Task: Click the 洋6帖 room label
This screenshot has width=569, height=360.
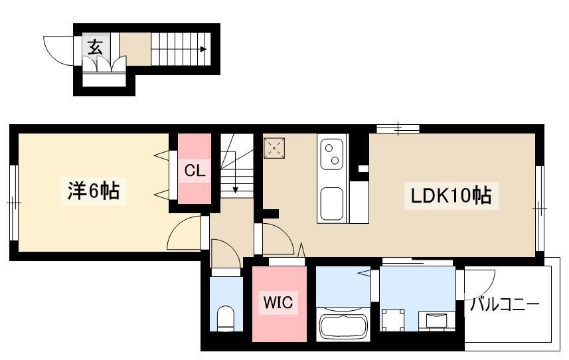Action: coord(93,191)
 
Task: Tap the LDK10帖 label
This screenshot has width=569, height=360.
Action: coord(451,195)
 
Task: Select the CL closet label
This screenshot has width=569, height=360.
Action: coord(195,170)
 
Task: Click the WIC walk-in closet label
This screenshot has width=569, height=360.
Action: coord(278,302)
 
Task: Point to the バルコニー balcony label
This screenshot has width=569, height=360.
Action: coord(505,304)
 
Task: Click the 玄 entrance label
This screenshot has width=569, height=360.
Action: coord(96,47)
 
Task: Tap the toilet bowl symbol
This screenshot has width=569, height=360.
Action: coord(226,318)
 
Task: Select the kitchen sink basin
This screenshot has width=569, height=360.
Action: coord(332,204)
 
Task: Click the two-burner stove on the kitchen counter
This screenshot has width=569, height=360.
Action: coord(332,154)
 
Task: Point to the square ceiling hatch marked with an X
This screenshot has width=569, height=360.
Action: coord(274,148)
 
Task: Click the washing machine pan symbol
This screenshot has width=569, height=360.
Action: coord(393,319)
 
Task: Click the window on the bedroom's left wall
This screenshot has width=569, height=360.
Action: coord(14,203)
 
